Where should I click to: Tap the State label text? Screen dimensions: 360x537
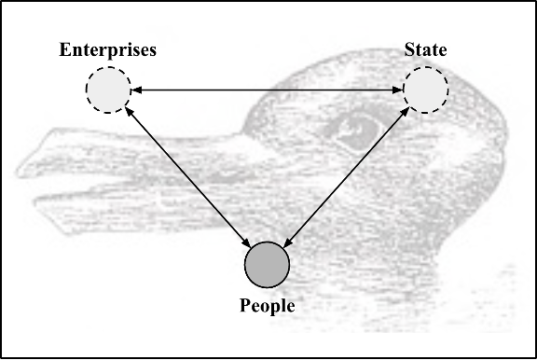[x=425, y=48]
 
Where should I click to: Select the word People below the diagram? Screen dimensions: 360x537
[x=268, y=305]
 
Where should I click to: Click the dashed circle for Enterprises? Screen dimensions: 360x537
[x=107, y=90]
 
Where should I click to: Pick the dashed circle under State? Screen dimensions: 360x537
[x=425, y=90]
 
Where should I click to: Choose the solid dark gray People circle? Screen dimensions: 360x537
[x=267, y=263]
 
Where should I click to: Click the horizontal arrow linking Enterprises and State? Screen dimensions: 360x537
[x=266, y=90]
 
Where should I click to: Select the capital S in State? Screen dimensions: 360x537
[x=408, y=48]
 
